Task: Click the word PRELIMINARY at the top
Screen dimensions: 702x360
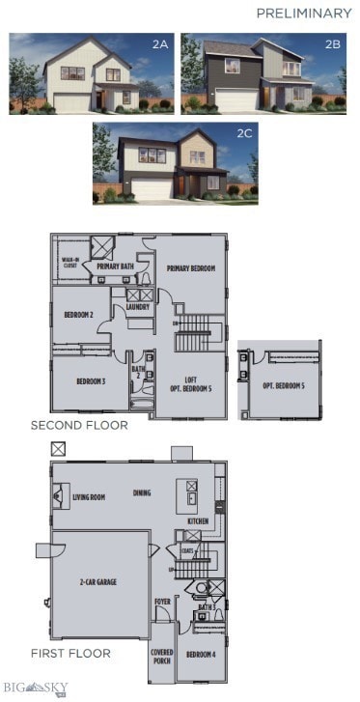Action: (303, 14)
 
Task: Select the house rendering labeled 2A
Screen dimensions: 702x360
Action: (92, 73)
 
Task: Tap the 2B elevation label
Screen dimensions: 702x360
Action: (333, 44)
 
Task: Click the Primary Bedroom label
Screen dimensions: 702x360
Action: (189, 268)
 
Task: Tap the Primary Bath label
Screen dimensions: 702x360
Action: (113, 267)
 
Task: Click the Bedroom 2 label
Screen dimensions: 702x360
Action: (78, 316)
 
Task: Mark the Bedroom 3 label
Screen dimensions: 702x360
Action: (91, 380)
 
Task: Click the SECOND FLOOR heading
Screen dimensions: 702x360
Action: (78, 425)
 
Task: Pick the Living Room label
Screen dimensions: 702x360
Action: (89, 498)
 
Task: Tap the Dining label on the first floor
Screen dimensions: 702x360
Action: (142, 492)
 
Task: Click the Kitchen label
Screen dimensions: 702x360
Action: (197, 521)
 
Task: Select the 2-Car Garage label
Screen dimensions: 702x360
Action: (98, 582)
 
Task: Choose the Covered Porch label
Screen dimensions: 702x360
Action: (162, 657)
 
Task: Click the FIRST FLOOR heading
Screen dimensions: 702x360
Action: (69, 653)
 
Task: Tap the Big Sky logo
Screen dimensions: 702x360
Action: (35, 688)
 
